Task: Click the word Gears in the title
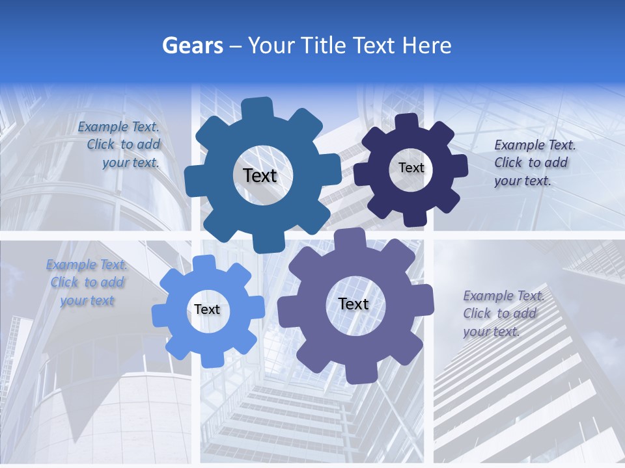(193, 45)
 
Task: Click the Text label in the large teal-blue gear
(260, 175)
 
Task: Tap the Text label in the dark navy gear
(411, 168)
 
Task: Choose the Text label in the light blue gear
(207, 310)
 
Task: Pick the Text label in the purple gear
(353, 304)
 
